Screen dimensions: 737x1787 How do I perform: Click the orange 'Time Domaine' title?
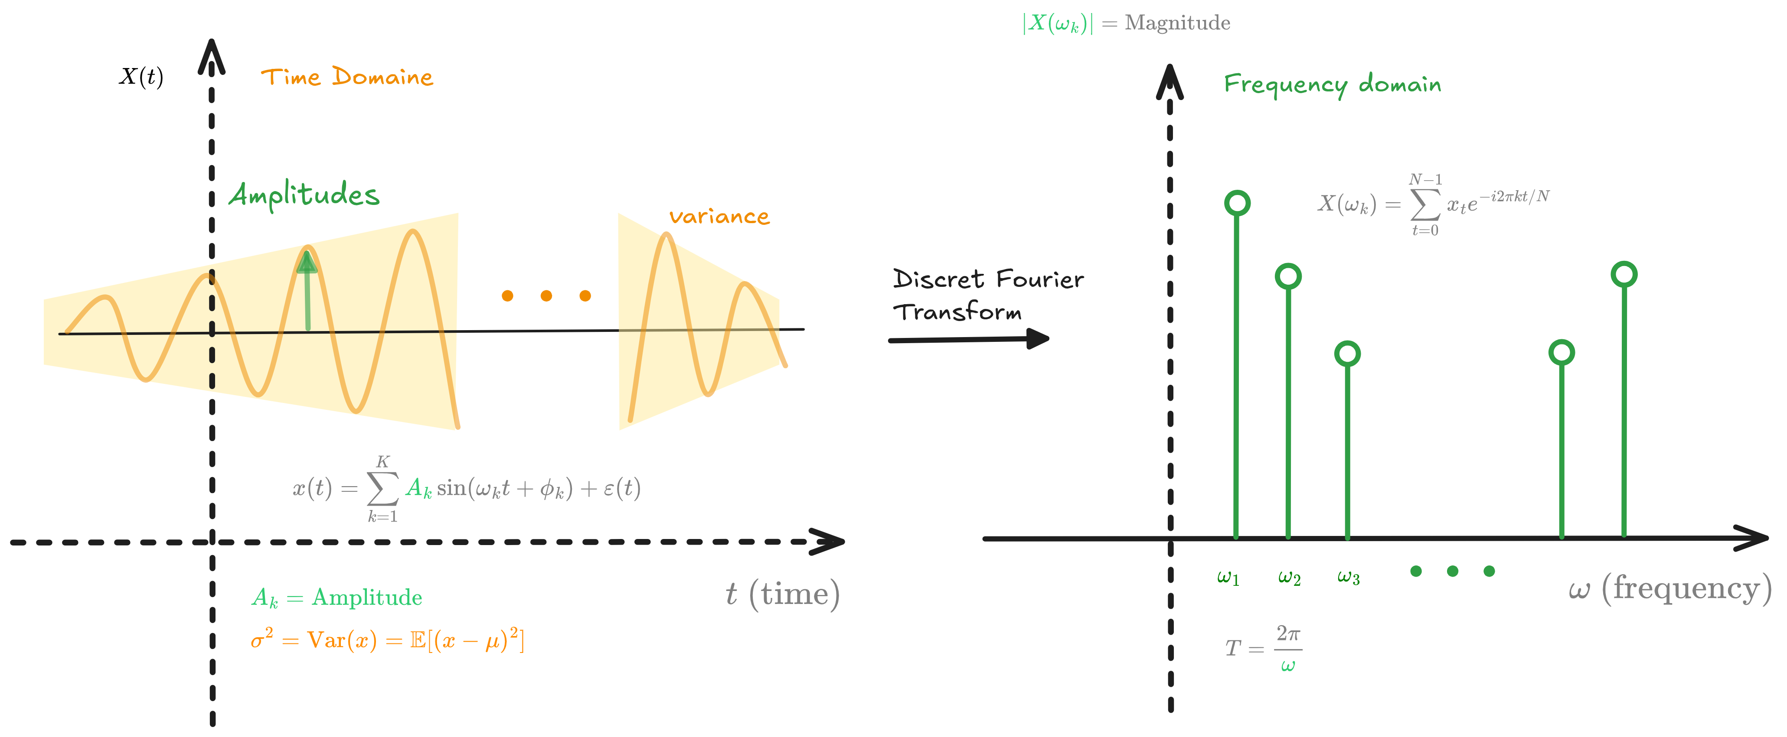coord(347,77)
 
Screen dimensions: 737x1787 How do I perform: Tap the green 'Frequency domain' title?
coord(1332,84)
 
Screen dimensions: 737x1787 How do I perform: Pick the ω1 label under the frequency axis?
coord(1228,577)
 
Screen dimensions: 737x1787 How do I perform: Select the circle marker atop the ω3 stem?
coord(1347,354)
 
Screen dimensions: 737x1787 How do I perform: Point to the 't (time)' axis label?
coord(783,594)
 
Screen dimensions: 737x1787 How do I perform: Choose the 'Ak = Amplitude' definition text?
coord(337,597)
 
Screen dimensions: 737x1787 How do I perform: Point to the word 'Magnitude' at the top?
coord(1177,23)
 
